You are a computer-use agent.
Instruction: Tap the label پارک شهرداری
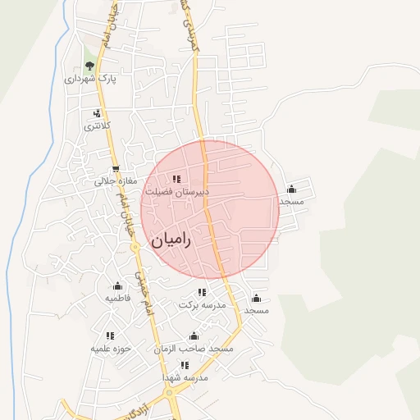90,80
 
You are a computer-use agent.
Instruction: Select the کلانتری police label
96,126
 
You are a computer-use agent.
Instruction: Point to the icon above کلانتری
97,113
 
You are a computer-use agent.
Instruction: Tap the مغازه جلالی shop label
103,181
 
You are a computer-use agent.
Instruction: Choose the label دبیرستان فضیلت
177,191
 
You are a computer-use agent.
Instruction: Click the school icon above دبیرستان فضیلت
176,178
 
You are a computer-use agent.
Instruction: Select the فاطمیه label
117,299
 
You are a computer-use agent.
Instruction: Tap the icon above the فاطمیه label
117,286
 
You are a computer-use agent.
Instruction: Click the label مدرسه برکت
202,305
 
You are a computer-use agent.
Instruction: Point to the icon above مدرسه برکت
202,293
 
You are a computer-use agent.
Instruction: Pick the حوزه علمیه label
110,349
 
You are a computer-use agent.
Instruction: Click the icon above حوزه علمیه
110,336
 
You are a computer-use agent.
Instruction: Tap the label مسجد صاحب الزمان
194,349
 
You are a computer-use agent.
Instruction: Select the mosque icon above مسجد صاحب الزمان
194,336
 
